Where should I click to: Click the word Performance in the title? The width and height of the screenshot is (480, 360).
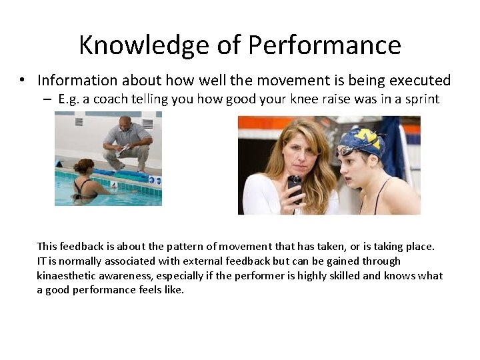325,45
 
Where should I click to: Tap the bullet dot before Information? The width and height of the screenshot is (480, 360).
23,81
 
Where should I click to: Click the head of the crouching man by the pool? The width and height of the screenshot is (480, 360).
125,124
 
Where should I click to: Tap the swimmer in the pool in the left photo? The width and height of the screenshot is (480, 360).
85,179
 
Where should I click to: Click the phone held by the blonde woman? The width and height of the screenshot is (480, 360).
294,187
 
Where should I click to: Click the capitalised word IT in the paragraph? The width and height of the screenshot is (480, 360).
42,261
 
